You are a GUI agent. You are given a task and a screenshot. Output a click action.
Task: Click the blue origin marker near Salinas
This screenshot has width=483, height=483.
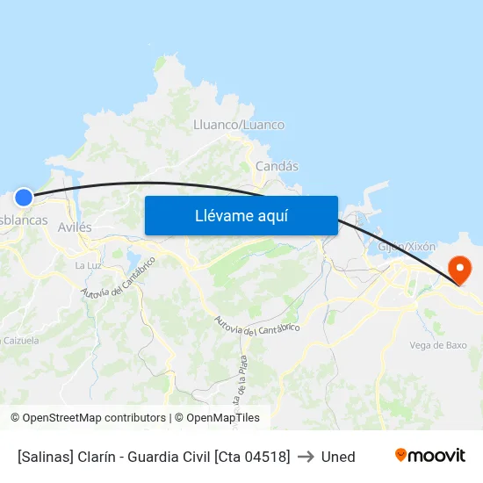pyautogui.click(x=24, y=198)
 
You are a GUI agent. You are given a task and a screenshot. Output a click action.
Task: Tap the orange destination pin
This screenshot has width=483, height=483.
pyautogui.click(x=459, y=269)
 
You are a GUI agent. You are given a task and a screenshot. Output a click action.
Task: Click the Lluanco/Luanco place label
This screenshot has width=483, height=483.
pyautogui.click(x=239, y=125)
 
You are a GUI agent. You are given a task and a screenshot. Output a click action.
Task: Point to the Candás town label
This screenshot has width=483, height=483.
pyautogui.click(x=277, y=166)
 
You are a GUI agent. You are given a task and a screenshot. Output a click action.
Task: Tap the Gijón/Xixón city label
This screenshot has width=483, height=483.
pyautogui.click(x=407, y=247)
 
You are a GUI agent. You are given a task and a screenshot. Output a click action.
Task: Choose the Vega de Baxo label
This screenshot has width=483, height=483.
pyautogui.click(x=438, y=345)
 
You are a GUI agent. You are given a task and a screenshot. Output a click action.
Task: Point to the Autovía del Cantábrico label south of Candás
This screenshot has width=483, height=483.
pyautogui.click(x=257, y=326)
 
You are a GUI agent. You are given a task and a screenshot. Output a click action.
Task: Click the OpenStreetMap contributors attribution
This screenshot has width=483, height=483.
pyautogui.click(x=88, y=418)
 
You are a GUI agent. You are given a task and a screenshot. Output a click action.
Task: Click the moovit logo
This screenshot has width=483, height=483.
pyautogui.click(x=430, y=456)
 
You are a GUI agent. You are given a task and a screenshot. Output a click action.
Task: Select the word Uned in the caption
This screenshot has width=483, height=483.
pyautogui.click(x=338, y=457)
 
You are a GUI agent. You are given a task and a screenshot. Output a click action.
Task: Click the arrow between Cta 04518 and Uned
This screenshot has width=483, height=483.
pyautogui.click(x=306, y=457)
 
